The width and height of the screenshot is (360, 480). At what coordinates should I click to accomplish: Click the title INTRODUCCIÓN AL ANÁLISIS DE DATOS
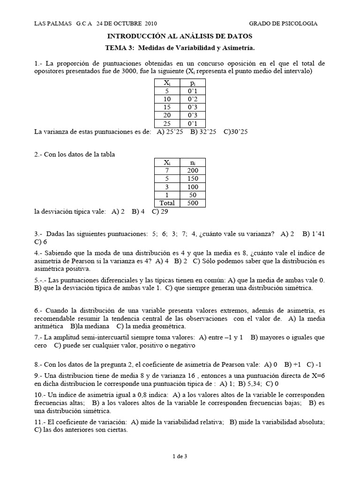tap(180, 36)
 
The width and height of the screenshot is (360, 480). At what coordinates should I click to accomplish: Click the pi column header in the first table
tap(193, 82)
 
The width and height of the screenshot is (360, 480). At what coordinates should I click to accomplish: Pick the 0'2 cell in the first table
tap(193, 99)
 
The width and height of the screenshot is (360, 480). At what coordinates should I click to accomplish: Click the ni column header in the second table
tap(193, 162)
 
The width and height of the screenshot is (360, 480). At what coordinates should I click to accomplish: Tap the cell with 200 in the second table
tap(193, 170)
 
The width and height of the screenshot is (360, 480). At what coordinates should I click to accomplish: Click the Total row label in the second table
tap(167, 203)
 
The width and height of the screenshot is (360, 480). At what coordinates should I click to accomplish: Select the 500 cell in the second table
tap(193, 203)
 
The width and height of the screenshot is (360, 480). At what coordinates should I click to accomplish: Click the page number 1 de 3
tap(180, 455)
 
